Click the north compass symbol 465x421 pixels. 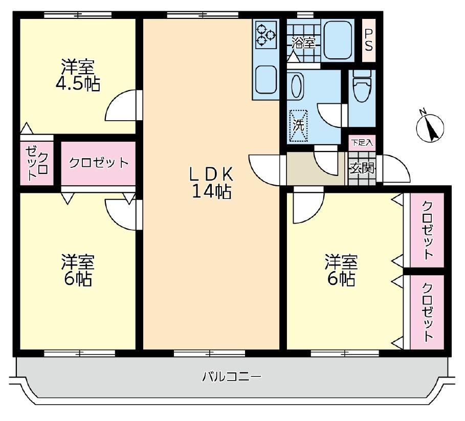click(x=430, y=127)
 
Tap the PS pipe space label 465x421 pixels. click(x=369, y=40)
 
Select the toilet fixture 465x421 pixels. click(x=362, y=86)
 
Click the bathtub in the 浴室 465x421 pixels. click(x=338, y=40)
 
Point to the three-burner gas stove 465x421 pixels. click(x=265, y=34)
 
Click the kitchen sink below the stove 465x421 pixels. click(x=266, y=79)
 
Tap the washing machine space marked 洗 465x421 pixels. click(x=299, y=126)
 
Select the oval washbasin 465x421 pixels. click(x=297, y=86)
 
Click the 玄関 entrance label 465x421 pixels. click(x=362, y=169)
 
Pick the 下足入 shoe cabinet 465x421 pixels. click(x=362, y=143)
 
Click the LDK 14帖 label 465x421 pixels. click(x=211, y=183)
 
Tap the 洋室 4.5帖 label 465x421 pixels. click(x=78, y=75)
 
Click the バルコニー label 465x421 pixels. click(x=232, y=377)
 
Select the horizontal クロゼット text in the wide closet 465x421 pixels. click(x=99, y=163)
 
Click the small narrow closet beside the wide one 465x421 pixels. click(x=37, y=163)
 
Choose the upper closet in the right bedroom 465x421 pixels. click(x=427, y=230)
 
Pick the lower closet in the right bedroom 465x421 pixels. click(x=427, y=312)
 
